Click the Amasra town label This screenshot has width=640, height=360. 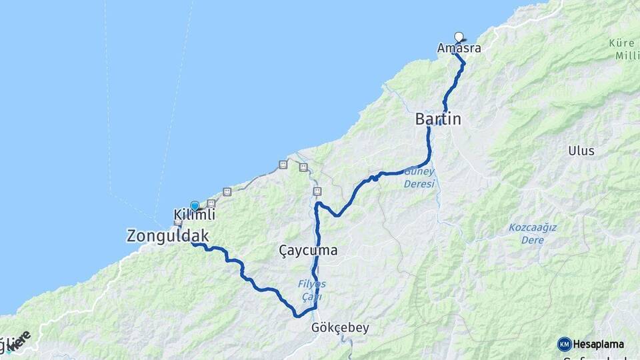coord(459,49)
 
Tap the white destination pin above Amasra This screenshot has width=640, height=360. coord(458,37)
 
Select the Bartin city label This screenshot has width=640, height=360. coord(438,119)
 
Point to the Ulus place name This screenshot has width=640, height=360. coord(581,151)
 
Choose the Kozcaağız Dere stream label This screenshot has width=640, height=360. coord(533,231)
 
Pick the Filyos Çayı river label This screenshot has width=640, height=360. coord(311,289)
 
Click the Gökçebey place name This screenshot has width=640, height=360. coord(340,328)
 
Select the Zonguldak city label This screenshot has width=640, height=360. coord(168,235)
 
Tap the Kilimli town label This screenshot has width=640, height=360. coord(194,215)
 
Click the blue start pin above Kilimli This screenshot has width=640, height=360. coord(194,206)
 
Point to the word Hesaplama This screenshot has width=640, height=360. coord(599,344)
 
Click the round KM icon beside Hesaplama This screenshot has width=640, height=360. coord(564,344)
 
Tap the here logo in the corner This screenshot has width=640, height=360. coord(19,339)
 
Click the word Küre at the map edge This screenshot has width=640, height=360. coord(622,43)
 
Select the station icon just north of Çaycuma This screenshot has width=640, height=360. coord(317,191)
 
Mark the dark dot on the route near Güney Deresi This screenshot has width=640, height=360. coord(375,178)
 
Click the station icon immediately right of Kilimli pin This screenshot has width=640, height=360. coord(211,203)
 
